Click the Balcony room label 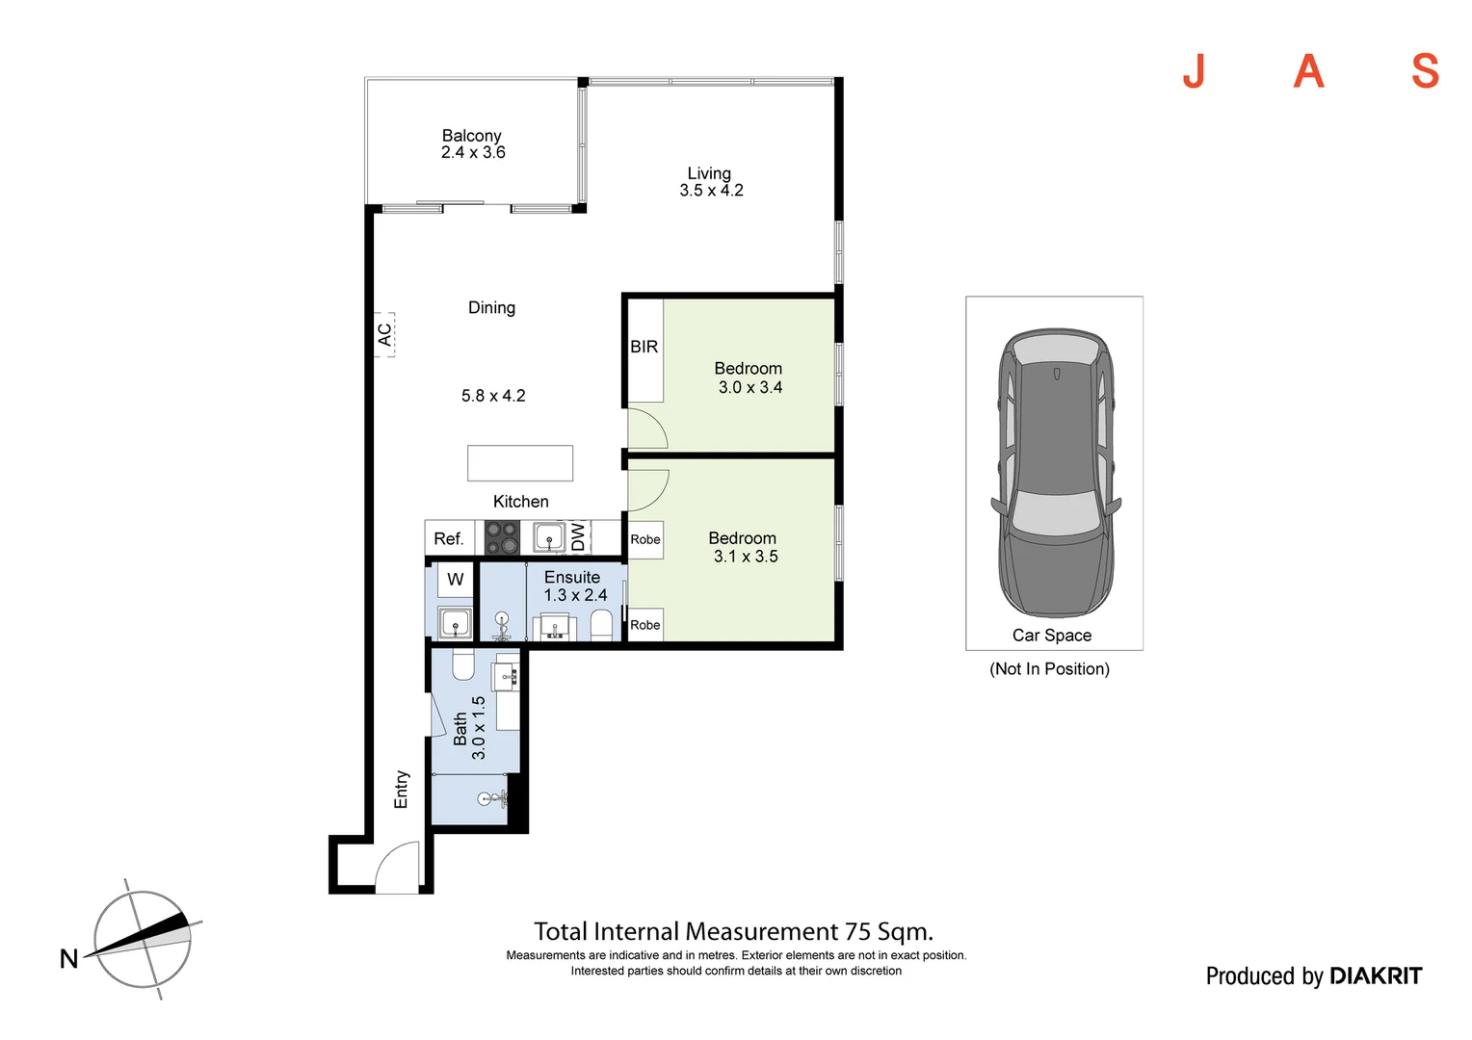(x=471, y=136)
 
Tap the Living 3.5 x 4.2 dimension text (x=711, y=191)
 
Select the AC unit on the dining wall (x=384, y=334)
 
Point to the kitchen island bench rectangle (x=520, y=463)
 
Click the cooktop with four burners (x=502, y=538)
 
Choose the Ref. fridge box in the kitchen (x=449, y=538)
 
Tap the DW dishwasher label (x=578, y=536)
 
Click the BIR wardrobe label (x=644, y=347)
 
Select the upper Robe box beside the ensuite (x=645, y=539)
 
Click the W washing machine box (x=456, y=580)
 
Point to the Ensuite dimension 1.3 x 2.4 (x=575, y=595)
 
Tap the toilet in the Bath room (x=463, y=664)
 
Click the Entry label (x=401, y=789)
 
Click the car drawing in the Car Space (x=1056, y=473)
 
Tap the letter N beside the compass (x=68, y=958)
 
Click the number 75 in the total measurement (x=857, y=931)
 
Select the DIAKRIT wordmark (x=1376, y=975)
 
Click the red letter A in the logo (x=1308, y=71)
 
